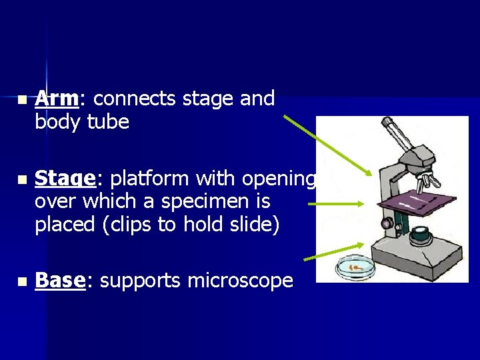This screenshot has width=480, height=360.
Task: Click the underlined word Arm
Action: (x=56, y=99)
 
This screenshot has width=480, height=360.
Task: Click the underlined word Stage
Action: (x=65, y=179)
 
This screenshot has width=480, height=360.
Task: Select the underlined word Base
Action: (x=60, y=281)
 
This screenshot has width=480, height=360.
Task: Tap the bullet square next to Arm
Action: (x=22, y=100)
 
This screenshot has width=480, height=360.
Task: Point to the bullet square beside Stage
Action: (x=22, y=180)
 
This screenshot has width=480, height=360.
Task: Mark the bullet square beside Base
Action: (x=22, y=282)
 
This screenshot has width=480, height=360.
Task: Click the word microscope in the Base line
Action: (x=239, y=281)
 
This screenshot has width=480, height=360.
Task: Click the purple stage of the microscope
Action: (x=417, y=201)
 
